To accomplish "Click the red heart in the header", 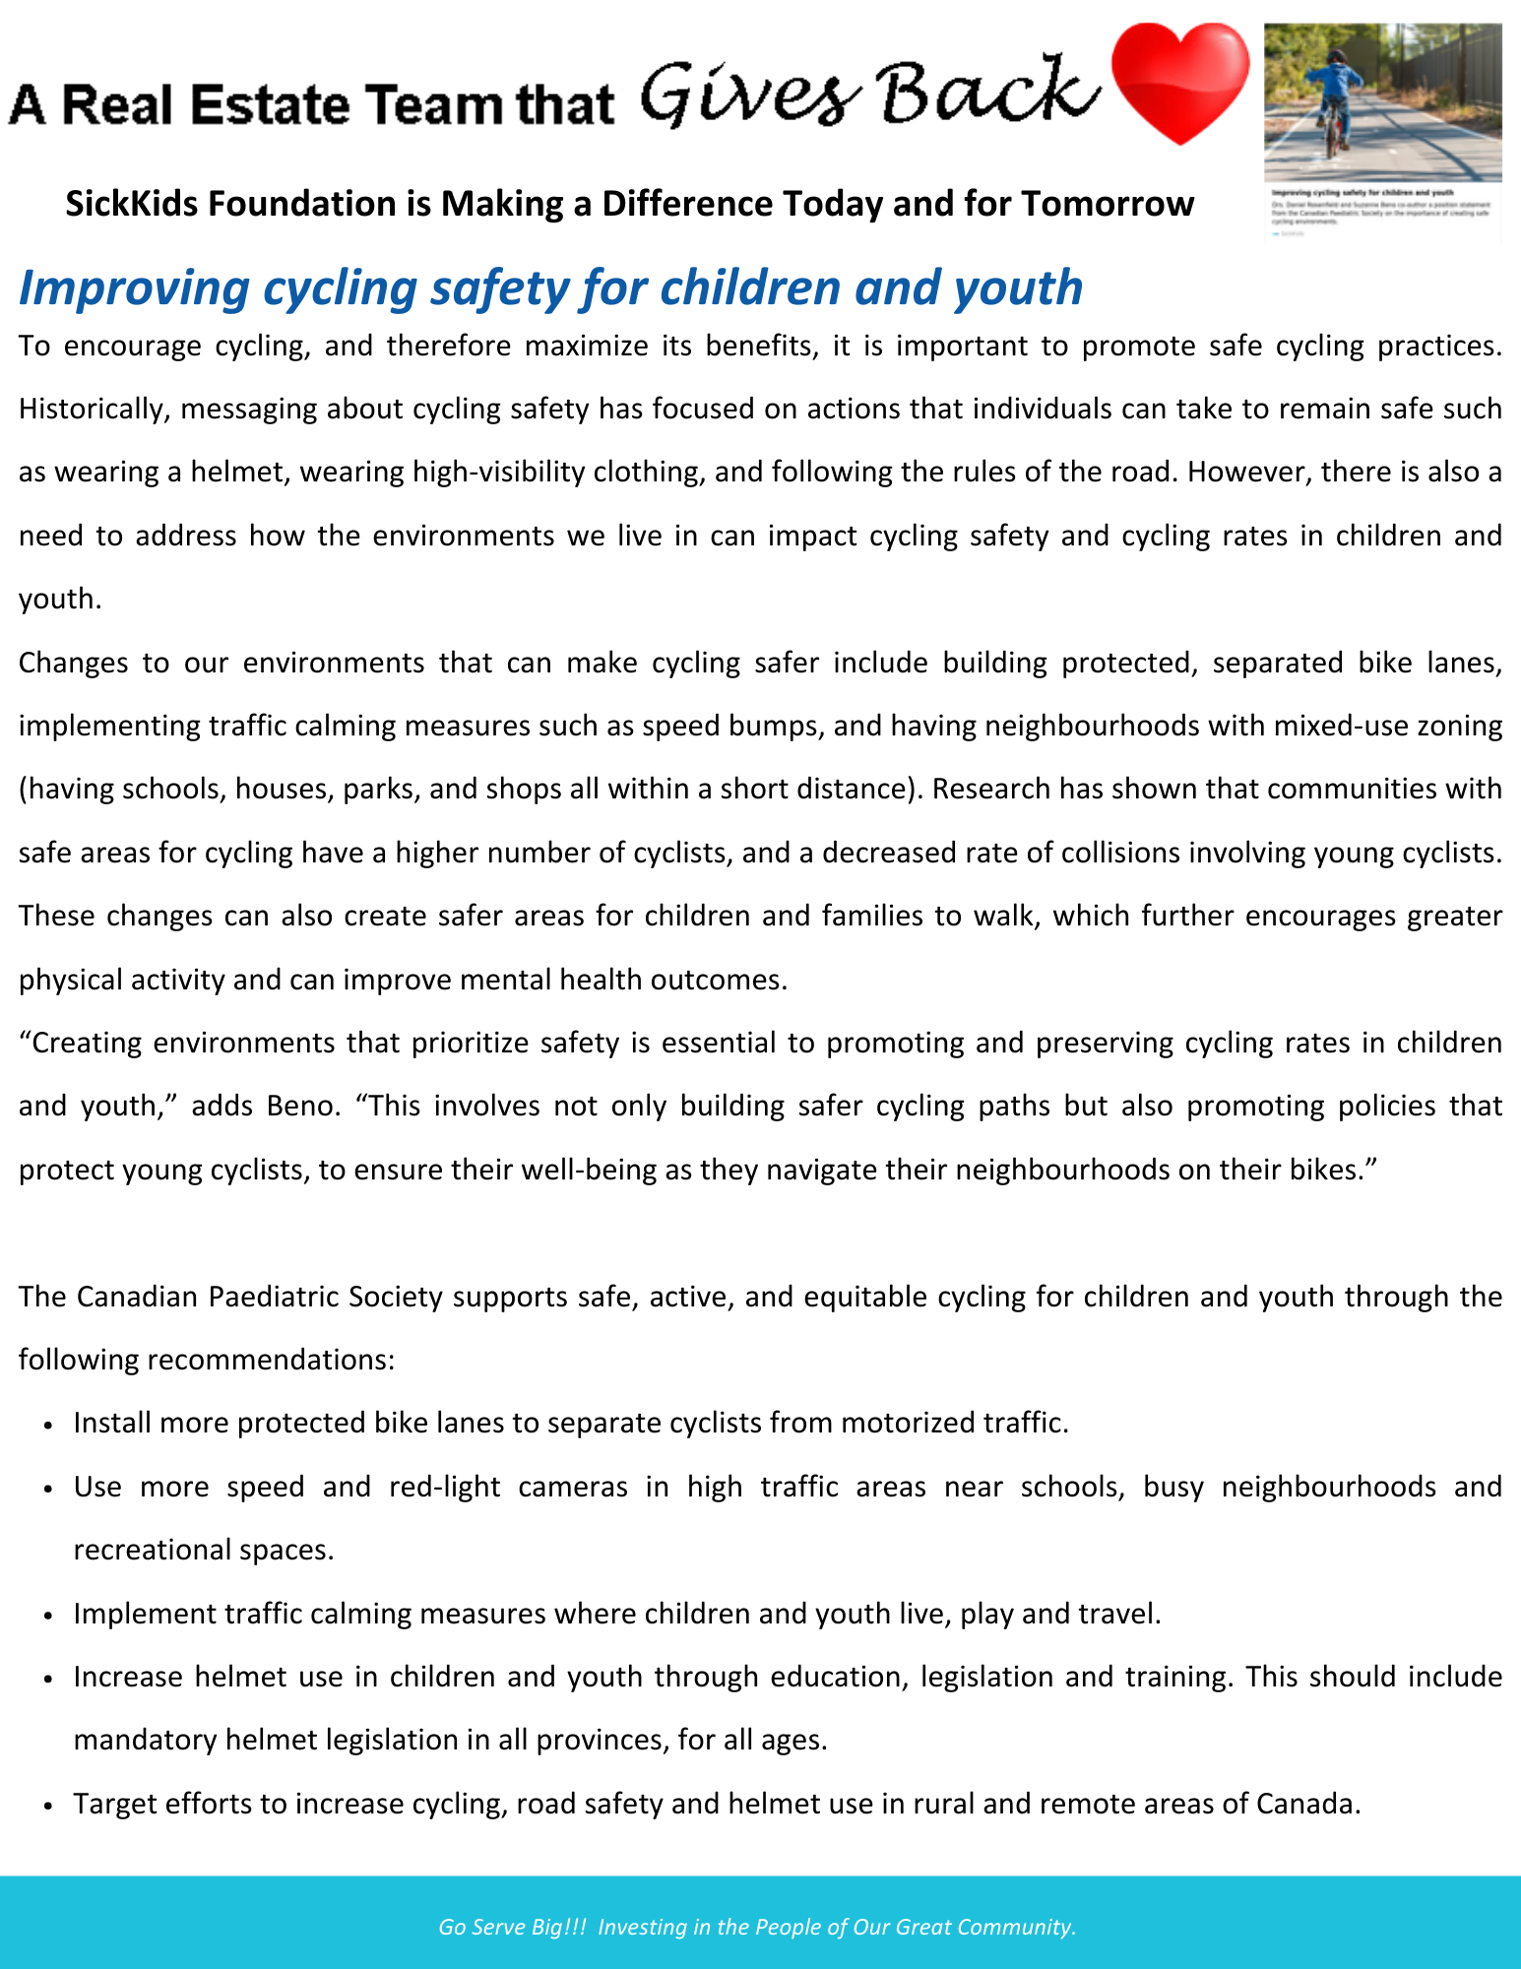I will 1179,83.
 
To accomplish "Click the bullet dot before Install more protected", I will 48,1425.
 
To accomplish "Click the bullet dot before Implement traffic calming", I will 48,1616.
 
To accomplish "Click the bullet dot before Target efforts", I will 48,1806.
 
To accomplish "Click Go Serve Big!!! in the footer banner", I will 512,1927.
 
